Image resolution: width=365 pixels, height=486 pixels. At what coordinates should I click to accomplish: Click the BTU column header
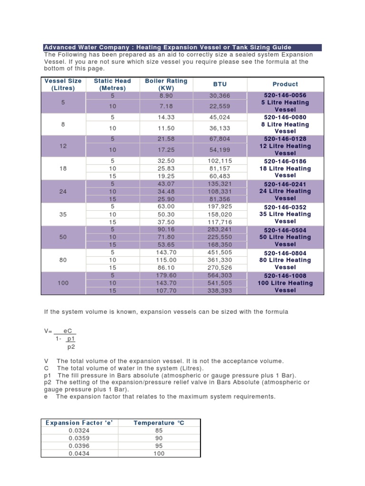(220, 84)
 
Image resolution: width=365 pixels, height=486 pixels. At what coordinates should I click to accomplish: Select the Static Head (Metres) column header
(112, 84)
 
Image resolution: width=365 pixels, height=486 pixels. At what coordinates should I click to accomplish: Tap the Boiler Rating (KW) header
(166, 84)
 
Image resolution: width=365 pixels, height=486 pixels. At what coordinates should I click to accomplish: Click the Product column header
(285, 84)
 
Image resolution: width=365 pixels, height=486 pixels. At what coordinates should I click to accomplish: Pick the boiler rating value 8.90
(166, 95)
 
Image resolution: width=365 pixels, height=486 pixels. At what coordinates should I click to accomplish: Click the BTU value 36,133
(220, 128)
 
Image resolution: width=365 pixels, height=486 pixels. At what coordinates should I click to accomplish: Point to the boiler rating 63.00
(166, 207)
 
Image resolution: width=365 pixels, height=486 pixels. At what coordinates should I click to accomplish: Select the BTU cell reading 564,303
(220, 275)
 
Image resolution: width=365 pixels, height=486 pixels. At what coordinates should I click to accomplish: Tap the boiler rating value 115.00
(166, 260)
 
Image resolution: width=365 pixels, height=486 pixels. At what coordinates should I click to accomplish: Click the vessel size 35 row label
(63, 214)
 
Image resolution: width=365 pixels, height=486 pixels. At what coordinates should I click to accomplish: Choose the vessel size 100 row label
(63, 283)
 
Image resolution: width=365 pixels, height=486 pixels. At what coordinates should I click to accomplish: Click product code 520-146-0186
(285, 161)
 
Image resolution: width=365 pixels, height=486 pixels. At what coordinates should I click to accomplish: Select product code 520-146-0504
(285, 230)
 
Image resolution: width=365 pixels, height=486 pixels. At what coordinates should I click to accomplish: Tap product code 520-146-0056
(285, 95)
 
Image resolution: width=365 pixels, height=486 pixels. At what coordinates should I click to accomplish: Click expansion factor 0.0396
(79, 446)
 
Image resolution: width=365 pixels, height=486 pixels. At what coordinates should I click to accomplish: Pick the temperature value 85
(159, 430)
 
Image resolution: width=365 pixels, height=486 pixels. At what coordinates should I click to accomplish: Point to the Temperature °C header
(159, 422)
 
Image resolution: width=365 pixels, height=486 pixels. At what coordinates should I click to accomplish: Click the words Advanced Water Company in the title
(85, 47)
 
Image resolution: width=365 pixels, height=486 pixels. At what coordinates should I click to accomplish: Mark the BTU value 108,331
(220, 191)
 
